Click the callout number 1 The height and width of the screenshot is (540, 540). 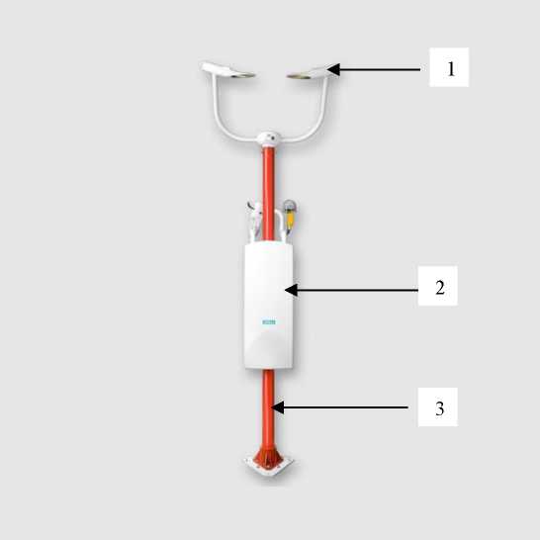[451, 68]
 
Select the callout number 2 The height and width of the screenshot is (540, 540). [440, 287]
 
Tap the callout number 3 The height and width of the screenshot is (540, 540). [440, 408]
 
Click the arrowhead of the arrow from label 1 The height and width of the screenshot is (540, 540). [333, 69]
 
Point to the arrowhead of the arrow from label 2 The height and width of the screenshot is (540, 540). [291, 290]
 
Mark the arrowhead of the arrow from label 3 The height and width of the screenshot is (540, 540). [278, 407]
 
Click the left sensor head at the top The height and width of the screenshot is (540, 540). [227, 69]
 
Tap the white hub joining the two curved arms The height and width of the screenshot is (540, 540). [269, 138]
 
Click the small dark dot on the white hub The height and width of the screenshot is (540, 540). [273, 138]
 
